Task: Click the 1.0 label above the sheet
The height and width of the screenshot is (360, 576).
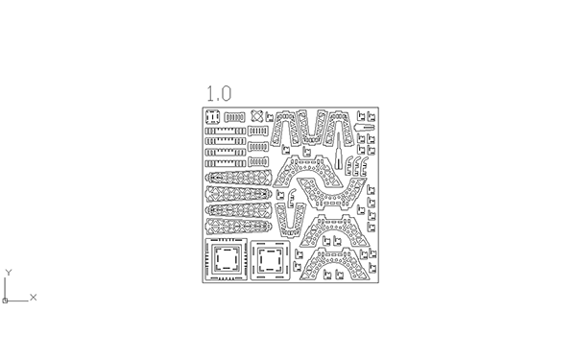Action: click(219, 93)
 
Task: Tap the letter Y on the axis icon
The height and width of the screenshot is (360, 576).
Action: click(9, 273)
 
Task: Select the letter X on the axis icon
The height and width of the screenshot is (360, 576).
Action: click(33, 298)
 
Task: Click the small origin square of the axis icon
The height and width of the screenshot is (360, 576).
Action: click(5, 300)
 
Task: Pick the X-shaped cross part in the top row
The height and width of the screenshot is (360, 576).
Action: click(257, 116)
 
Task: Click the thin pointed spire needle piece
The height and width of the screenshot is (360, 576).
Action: click(338, 151)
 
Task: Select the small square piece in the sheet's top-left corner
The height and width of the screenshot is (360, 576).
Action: click(213, 117)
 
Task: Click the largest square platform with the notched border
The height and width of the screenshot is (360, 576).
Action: click(226, 259)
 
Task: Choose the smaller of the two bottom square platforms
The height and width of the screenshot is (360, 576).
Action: click(270, 260)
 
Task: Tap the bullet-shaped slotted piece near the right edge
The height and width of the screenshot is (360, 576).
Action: click(365, 128)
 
